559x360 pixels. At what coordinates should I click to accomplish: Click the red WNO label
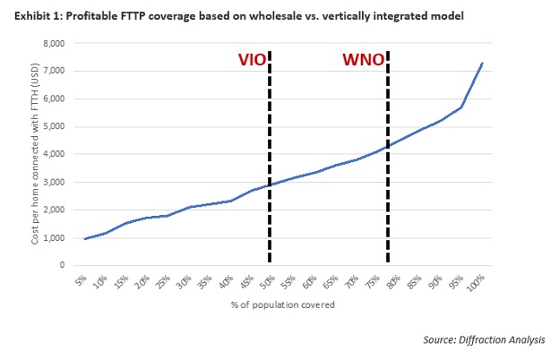pyautogui.click(x=364, y=61)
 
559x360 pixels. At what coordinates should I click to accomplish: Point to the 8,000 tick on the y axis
pyautogui.click(x=55, y=43)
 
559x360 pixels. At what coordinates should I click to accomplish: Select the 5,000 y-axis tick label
pyautogui.click(x=55, y=126)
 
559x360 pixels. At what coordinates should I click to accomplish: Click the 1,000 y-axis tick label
pyautogui.click(x=55, y=237)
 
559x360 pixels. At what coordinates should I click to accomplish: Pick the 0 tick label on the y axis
pyautogui.click(x=63, y=265)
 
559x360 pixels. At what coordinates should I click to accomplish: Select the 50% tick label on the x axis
pyautogui.click(x=266, y=281)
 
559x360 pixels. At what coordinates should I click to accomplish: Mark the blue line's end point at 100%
pyautogui.click(x=483, y=63)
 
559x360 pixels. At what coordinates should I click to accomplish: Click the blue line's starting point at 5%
pyautogui.click(x=84, y=239)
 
